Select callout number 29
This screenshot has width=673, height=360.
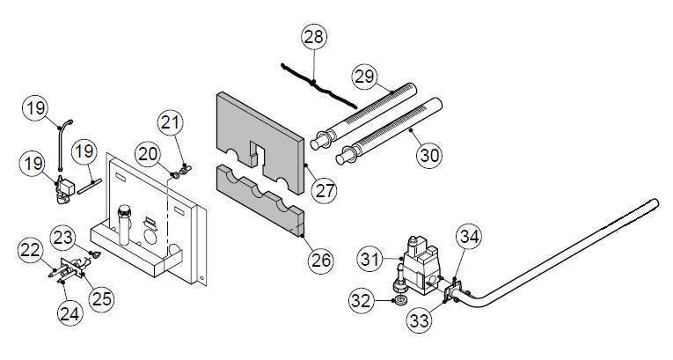coord(364,77)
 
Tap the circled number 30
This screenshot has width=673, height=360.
coord(429,154)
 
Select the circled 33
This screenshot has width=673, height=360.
coord(420,320)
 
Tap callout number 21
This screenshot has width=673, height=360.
coord(172,123)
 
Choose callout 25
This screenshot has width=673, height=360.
coord(101,298)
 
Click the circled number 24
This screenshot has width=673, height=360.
coord(69,311)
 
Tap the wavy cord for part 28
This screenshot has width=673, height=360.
coord(317,83)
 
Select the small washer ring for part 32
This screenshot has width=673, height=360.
coord(400,301)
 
